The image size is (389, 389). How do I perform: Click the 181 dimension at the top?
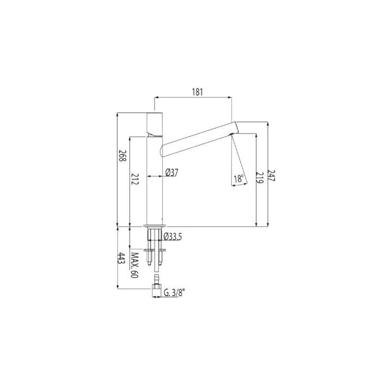click(197, 92)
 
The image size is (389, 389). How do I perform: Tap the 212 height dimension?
click(135, 180)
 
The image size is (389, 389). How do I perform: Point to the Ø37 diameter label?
click(172, 172)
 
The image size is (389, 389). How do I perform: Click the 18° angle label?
click(238, 178)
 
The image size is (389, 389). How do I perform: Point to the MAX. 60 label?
click(135, 265)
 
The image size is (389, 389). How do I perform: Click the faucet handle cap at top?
click(155, 124)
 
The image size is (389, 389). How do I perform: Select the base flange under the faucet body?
click(155, 224)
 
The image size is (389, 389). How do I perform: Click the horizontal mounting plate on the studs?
click(155, 249)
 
